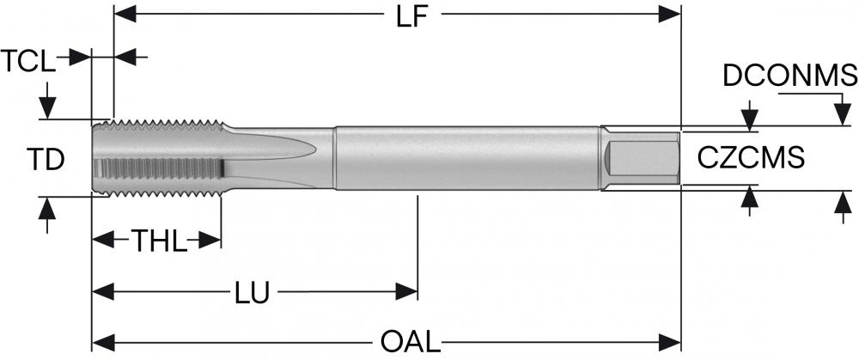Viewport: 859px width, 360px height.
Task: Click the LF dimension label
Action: click(411, 17)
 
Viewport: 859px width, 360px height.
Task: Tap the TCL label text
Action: click(28, 61)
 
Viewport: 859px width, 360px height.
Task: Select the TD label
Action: click(46, 160)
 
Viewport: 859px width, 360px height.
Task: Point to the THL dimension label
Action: click(158, 241)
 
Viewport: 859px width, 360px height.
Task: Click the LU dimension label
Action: click(253, 293)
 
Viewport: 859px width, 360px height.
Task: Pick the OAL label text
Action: click(411, 343)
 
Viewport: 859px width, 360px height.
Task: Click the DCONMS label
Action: click(790, 76)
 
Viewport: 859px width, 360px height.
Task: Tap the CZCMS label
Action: click(751, 158)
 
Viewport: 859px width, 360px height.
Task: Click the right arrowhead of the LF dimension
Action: click(669, 15)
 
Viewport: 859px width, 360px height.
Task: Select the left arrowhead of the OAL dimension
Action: click(103, 343)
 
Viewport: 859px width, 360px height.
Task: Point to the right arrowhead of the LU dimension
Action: click(406, 291)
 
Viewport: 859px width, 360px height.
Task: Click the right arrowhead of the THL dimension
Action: click(210, 240)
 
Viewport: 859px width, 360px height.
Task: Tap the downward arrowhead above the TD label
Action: click(47, 107)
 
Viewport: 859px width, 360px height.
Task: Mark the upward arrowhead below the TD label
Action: click(47, 208)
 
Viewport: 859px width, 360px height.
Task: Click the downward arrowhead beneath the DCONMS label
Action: click(843, 114)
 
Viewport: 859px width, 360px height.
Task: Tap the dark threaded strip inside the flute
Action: click(160, 168)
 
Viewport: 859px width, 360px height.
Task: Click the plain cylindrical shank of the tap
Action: click(467, 158)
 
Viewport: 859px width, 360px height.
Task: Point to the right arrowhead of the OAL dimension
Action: click(669, 343)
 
